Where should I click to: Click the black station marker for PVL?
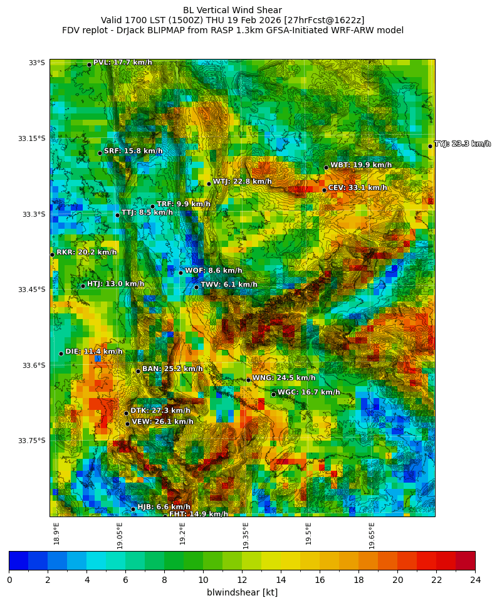pos(89,65)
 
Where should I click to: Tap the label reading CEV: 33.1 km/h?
pos(357,187)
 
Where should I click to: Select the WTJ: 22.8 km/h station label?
pos(242,182)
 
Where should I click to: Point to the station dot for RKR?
pos(52,254)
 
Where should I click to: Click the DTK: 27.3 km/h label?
pos(160,411)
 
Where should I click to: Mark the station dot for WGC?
pos(273,394)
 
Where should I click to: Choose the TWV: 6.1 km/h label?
pos(229,285)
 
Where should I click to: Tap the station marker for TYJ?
pos(430,146)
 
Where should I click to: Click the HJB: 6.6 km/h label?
pos(164,506)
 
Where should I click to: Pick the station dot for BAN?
pos(138,371)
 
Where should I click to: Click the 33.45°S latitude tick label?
pos(31,290)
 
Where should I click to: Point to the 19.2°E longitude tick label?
pos(182,533)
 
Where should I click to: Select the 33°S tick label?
pos(36,63)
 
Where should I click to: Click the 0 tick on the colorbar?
pos(9,580)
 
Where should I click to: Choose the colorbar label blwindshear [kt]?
pos(242,592)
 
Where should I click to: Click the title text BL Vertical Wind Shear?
pos(233,10)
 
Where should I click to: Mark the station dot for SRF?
pos(100,153)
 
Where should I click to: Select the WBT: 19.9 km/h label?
pos(361,165)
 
